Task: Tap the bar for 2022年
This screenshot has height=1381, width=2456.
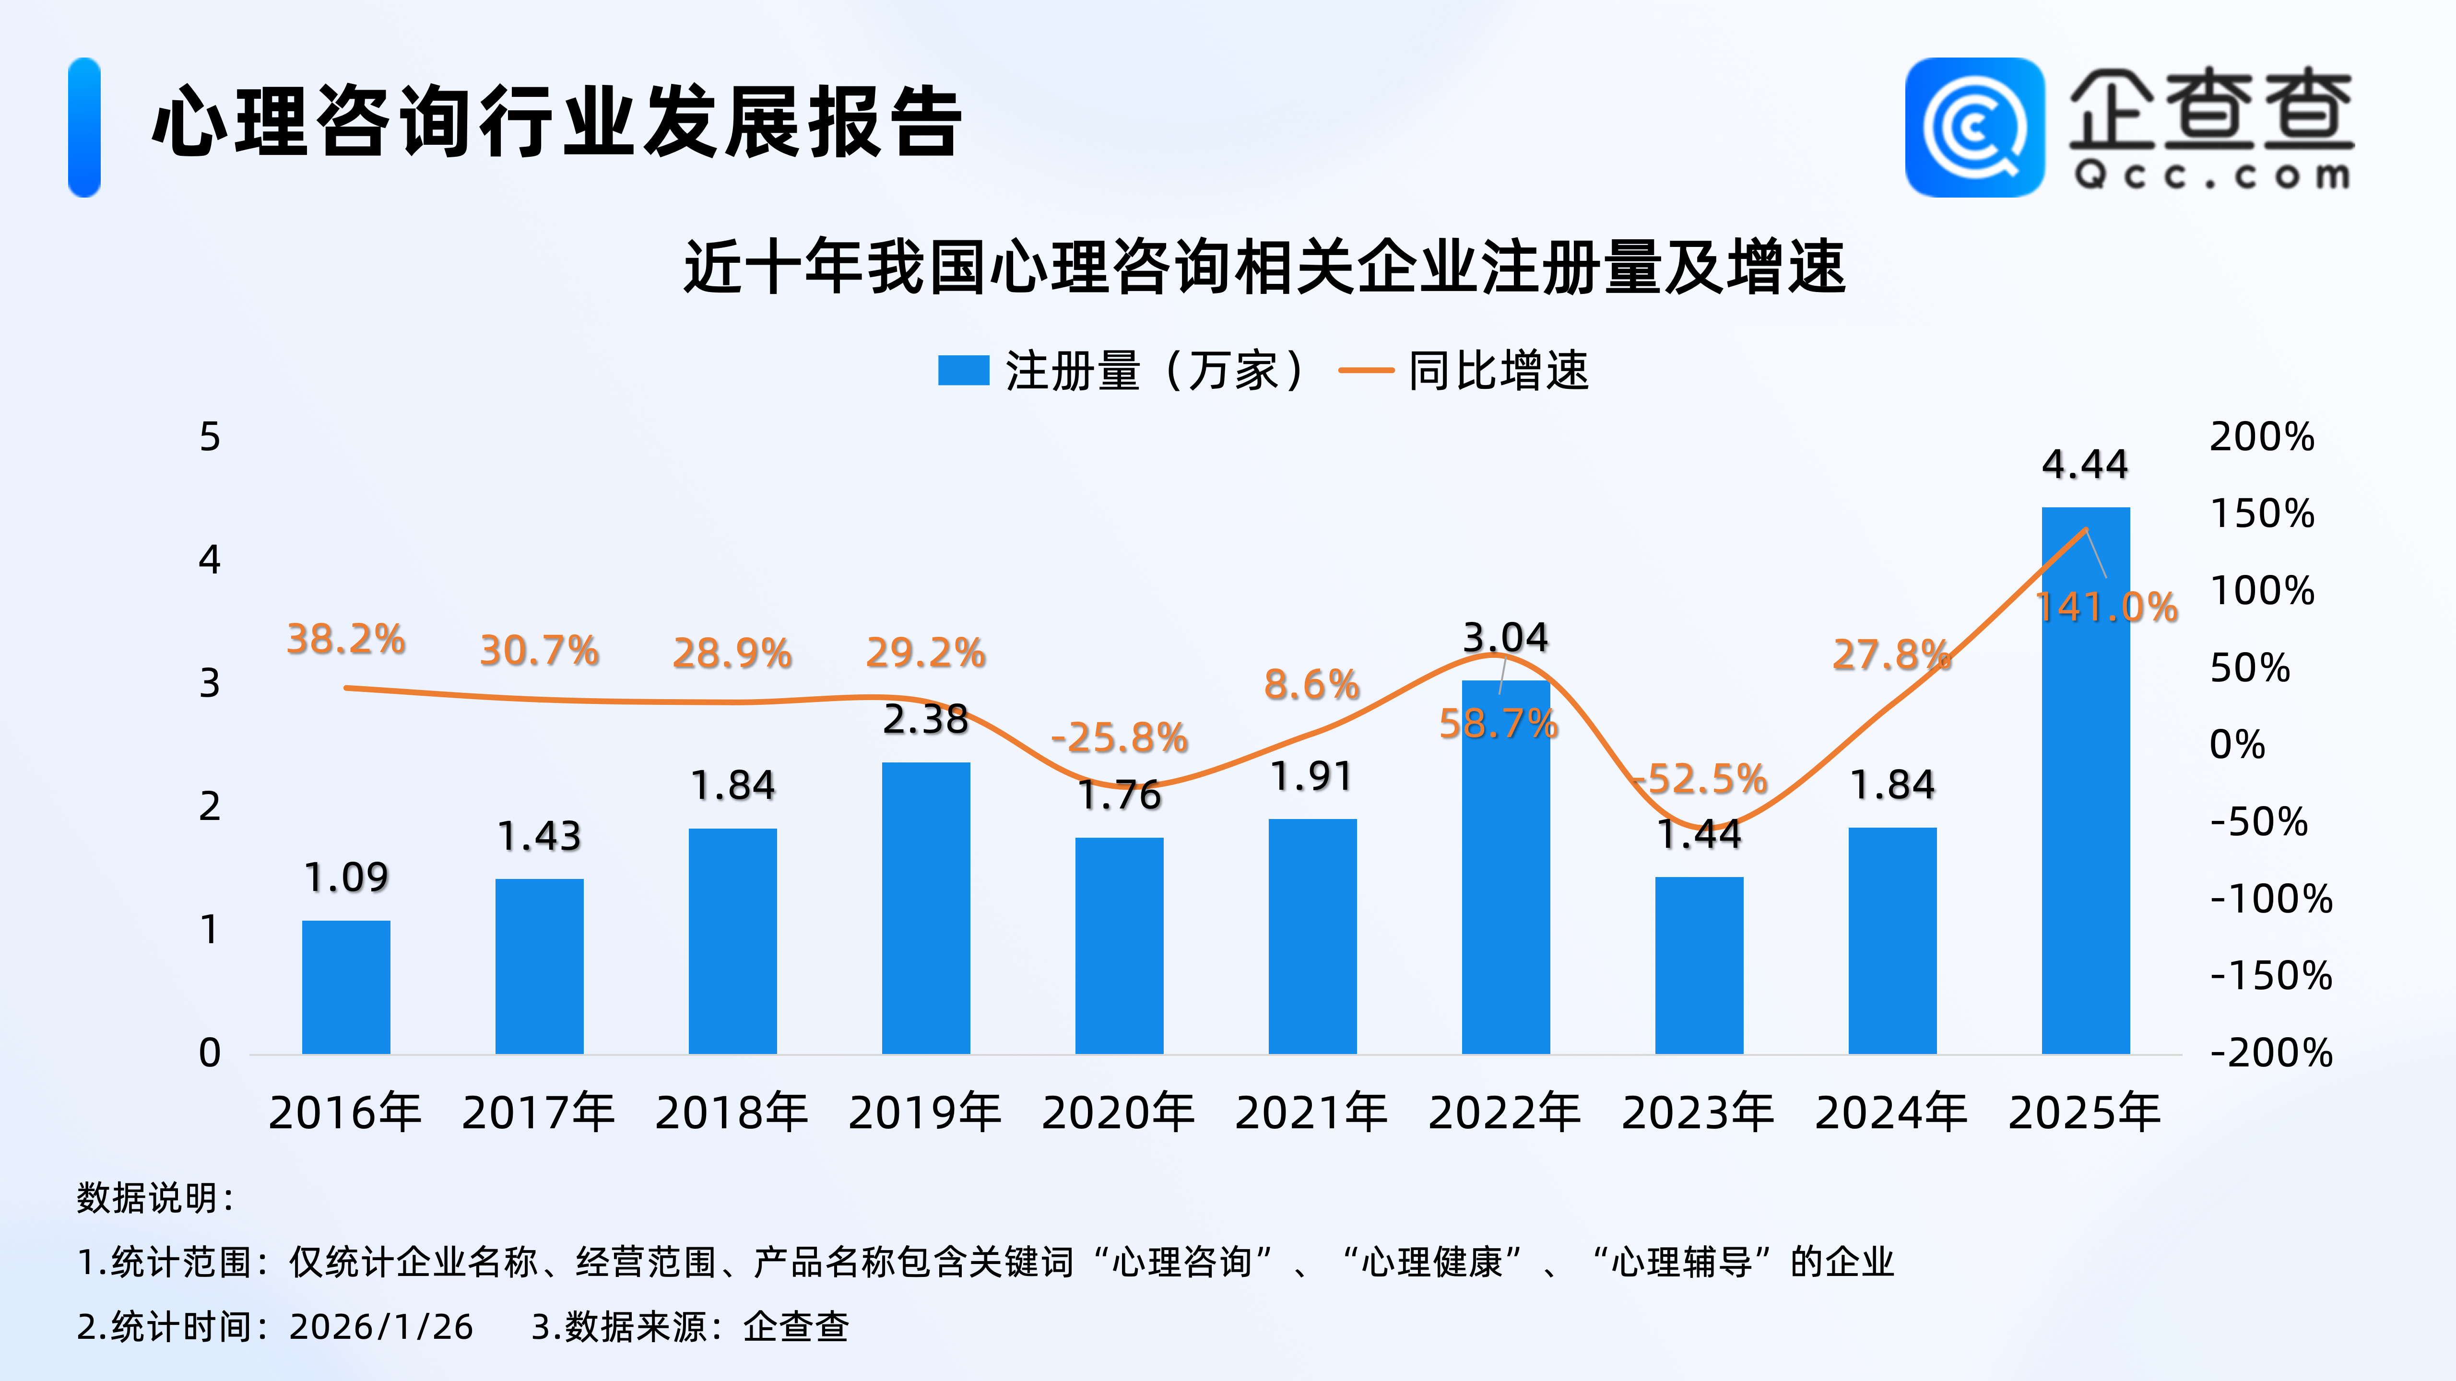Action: [x=1505, y=867]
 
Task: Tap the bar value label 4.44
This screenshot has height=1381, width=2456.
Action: [x=2085, y=464]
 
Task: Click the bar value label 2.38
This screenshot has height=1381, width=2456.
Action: [x=925, y=720]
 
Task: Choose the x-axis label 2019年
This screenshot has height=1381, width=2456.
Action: [x=925, y=1112]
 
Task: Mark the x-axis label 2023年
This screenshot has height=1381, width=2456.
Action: [x=1698, y=1112]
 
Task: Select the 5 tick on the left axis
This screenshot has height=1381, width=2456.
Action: [x=210, y=437]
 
